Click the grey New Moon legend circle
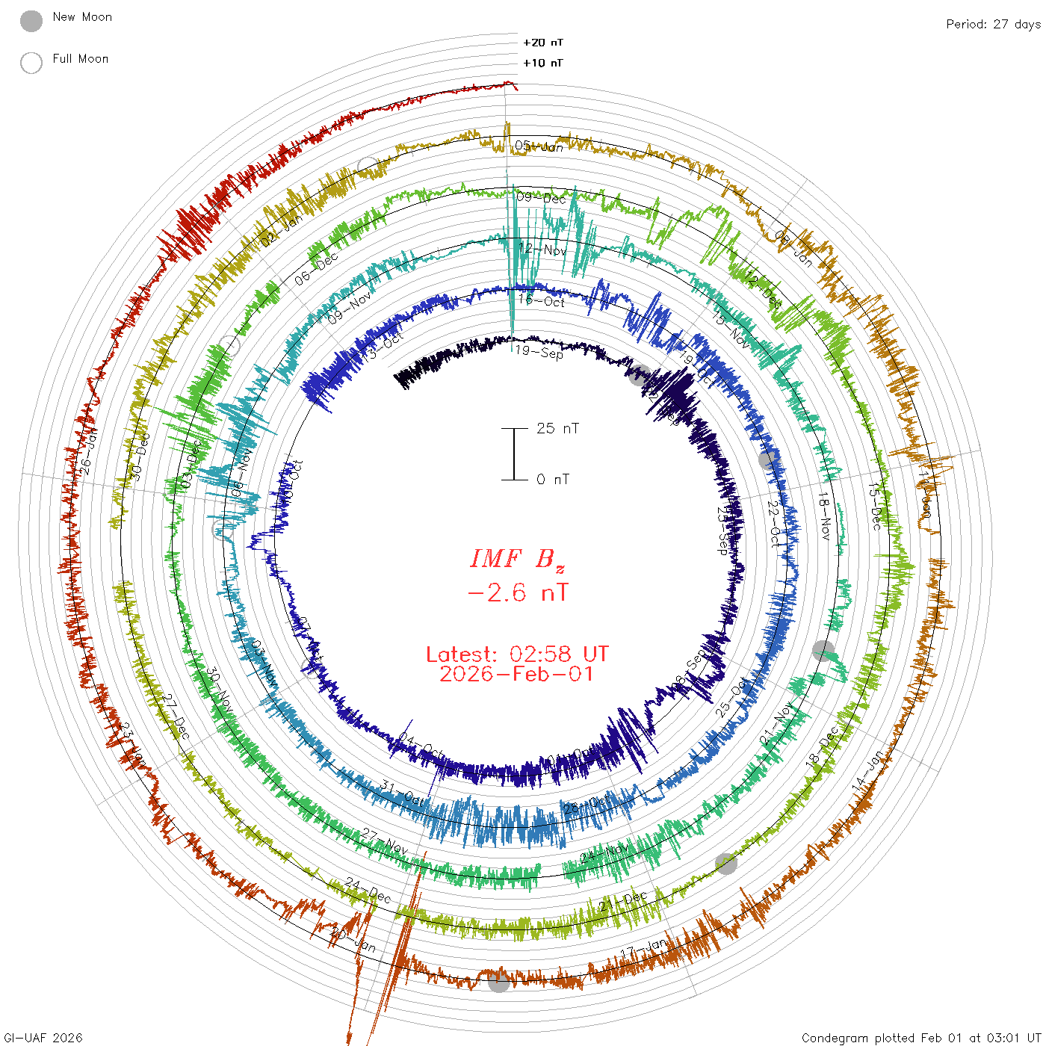[31, 21]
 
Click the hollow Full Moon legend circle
[31, 63]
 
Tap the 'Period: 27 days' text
[993, 24]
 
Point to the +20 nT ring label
[543, 43]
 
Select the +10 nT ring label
[543, 63]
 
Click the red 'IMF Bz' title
[517, 559]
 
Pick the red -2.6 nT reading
[517, 593]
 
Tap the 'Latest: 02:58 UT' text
[517, 654]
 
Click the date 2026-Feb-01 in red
[517, 674]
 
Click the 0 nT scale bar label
[553, 479]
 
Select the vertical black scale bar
[514, 454]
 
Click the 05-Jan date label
[539, 146]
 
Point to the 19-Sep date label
[539, 351]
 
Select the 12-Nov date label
[543, 249]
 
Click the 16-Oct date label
[542, 300]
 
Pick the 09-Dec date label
[542, 197]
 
